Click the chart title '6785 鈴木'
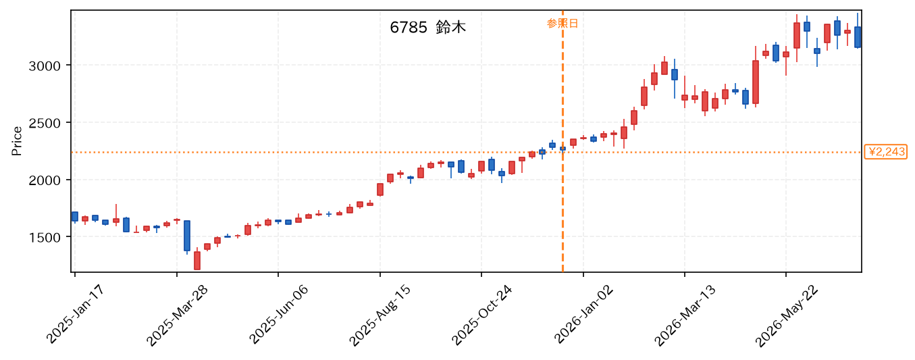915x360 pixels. pos(427,28)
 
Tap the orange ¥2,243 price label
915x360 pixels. pos(885,152)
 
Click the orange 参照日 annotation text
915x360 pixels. pos(563,23)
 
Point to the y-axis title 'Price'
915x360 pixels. pos(16,141)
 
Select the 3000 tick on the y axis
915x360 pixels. pos(45,66)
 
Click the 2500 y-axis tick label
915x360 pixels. pos(45,123)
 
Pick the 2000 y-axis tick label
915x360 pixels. pos(45,180)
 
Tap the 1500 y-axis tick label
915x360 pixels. pos(45,238)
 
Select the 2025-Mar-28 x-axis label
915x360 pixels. pos(177,315)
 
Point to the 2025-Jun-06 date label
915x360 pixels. pos(279,315)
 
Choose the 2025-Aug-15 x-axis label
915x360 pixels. pos(380,315)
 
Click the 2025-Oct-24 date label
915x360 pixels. pos(481,315)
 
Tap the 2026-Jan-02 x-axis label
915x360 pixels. pos(583,315)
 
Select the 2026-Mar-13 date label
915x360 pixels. pos(685,315)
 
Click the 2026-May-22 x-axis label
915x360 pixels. pos(787,315)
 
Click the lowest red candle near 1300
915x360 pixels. pos(197,260)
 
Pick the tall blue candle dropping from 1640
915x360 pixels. pos(187,236)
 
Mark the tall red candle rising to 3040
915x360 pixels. pos(756,82)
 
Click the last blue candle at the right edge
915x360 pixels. pos(858,37)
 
